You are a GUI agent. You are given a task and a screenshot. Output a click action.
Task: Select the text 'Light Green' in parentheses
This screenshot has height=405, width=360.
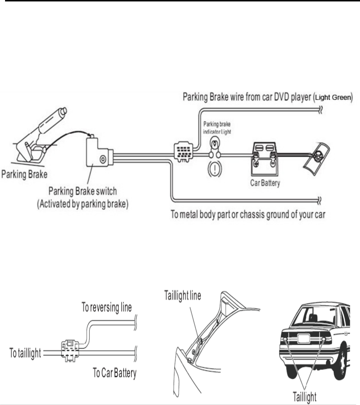(332, 97)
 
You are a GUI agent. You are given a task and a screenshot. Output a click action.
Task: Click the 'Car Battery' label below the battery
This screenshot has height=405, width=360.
(265, 182)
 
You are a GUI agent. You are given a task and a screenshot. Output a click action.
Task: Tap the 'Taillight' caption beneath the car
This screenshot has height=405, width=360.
(304, 397)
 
